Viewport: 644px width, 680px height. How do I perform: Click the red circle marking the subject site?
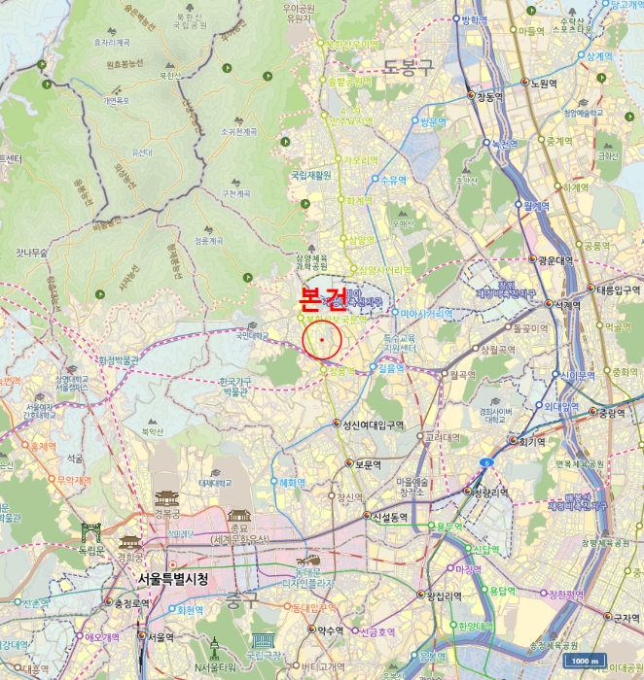point(321,340)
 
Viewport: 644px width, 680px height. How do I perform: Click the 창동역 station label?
point(489,97)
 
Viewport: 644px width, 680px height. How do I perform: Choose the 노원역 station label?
point(544,84)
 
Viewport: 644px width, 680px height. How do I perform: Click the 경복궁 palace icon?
point(166,499)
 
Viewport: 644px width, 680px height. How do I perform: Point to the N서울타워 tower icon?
point(215,645)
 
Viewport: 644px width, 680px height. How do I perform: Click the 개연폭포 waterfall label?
point(117,100)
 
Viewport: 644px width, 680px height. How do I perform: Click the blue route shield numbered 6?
point(484,463)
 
